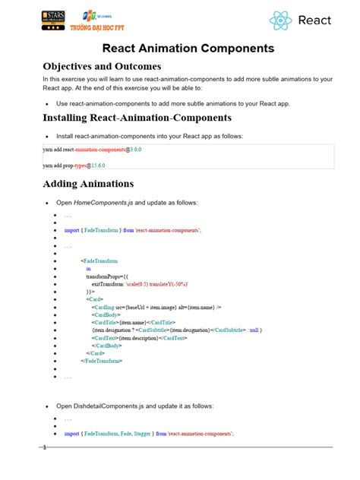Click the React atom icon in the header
tap(280, 21)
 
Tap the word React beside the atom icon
tap(314, 21)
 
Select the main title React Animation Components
tap(180, 49)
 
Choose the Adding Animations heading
tap(89, 184)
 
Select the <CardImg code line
tap(156, 307)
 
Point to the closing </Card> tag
tap(95, 353)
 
